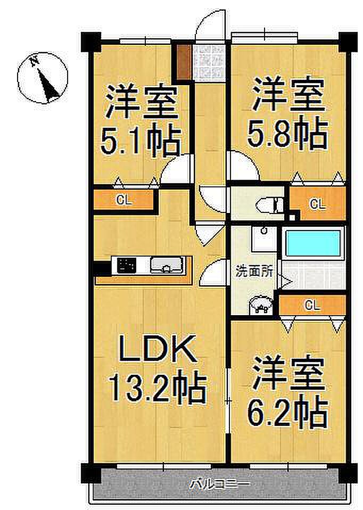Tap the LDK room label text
(158, 349)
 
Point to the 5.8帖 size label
(287, 133)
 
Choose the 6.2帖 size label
(287, 412)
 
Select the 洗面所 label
(254, 272)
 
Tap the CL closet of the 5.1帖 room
(124, 200)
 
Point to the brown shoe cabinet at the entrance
(184, 61)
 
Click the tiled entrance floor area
(208, 61)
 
